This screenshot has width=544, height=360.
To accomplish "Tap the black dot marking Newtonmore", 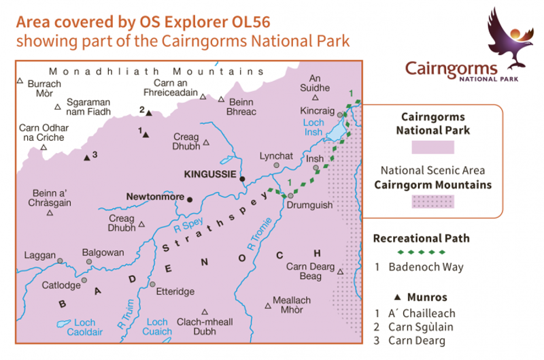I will pyautogui.click(x=190, y=199).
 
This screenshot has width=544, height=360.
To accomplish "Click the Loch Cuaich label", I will pyautogui.click(x=157, y=327).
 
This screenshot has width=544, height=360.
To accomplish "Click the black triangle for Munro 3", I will pyautogui.click(x=86, y=158).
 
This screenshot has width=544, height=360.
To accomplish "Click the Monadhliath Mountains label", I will pyautogui.click(x=156, y=71).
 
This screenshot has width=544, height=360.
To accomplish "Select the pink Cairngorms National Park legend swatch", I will pyautogui.click(x=433, y=147).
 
